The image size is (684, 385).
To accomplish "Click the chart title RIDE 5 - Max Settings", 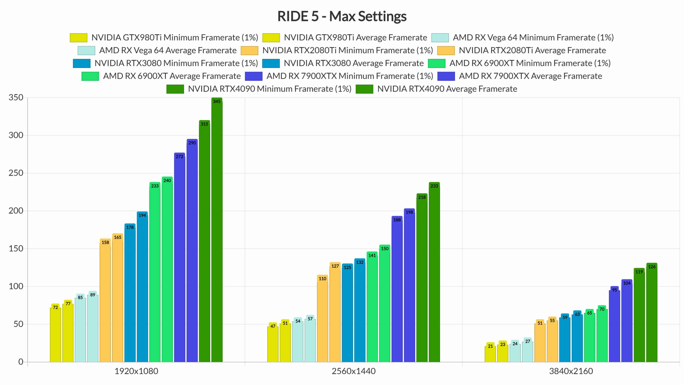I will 342,16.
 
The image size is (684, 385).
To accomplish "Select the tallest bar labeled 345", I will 217,230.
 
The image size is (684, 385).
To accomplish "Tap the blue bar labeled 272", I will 180,258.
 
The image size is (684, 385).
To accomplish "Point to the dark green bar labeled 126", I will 652,313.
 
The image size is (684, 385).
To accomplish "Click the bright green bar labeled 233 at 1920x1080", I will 155,273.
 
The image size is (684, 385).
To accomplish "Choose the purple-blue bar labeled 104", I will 627,321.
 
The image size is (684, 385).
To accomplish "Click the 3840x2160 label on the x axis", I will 571,371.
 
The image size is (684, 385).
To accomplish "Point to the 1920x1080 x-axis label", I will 136,371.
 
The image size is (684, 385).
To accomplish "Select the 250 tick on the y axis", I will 16,173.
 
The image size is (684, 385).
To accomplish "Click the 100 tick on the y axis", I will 16,286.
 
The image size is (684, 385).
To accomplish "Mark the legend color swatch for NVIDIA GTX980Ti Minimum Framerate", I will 79,38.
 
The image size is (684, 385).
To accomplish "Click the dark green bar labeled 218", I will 422,278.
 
